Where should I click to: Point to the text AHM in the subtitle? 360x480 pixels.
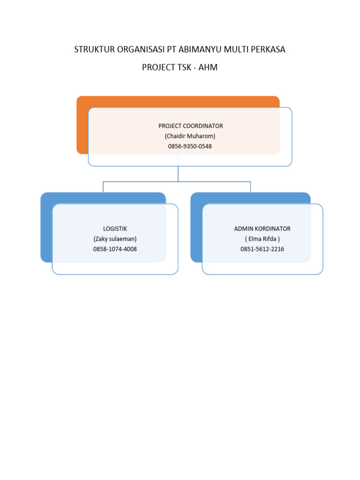click(x=208, y=67)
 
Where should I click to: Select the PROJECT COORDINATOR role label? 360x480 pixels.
click(x=190, y=126)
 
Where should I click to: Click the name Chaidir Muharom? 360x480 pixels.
click(x=190, y=136)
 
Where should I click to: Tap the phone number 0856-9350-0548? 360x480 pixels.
click(x=190, y=146)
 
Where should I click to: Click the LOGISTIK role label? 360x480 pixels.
click(x=115, y=229)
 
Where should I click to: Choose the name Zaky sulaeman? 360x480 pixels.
click(x=115, y=239)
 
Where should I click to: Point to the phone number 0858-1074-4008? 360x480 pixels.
click(x=115, y=249)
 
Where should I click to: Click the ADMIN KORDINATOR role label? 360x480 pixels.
click(x=262, y=229)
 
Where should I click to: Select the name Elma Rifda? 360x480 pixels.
click(x=262, y=239)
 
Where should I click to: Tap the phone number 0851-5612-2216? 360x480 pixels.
click(x=262, y=249)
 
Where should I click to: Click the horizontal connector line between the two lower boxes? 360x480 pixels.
click(x=141, y=182)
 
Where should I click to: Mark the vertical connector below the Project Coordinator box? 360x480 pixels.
click(x=178, y=173)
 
